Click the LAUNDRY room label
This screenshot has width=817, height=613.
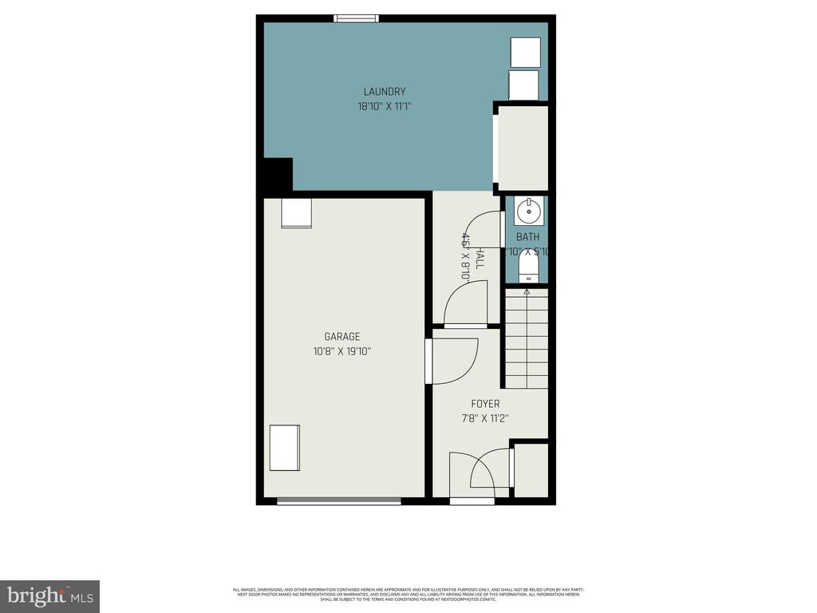(385, 92)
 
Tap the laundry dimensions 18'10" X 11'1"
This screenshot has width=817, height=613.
(385, 106)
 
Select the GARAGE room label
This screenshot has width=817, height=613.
(341, 337)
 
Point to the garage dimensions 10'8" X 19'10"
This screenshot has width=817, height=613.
(341, 351)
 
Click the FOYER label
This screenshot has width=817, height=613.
(485, 404)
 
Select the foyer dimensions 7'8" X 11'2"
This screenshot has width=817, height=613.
(485, 418)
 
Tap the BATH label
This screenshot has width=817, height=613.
(527, 237)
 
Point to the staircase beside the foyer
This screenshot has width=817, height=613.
(527, 339)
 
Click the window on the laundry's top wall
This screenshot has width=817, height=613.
(356, 18)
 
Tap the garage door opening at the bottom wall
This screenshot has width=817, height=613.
(339, 501)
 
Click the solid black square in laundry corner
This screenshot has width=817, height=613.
(277, 174)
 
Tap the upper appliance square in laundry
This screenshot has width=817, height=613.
(526, 52)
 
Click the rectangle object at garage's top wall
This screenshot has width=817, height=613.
(296, 213)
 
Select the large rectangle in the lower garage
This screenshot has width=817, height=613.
(284, 448)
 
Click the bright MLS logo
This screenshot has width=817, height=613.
(49, 595)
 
